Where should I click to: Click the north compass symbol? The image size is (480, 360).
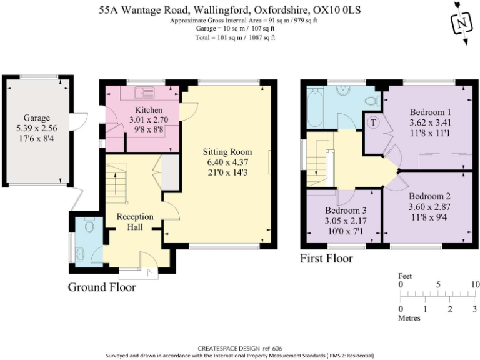[x=461, y=22]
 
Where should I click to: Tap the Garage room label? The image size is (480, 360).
[x=37, y=117]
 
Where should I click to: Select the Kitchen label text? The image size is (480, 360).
[x=144, y=110]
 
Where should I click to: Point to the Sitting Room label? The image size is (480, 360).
[x=227, y=151]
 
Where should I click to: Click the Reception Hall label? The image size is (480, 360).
[x=135, y=222]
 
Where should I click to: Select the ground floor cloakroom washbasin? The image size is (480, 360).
[x=79, y=252]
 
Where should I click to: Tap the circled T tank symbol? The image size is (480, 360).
[x=373, y=122]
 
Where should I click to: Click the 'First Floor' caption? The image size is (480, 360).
[x=326, y=258]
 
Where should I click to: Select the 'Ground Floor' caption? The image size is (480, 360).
[x=102, y=287]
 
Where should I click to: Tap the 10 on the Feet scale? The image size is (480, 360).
[x=475, y=284]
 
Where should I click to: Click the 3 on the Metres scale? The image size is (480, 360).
[x=474, y=309]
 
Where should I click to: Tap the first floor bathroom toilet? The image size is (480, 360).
[x=370, y=100]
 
